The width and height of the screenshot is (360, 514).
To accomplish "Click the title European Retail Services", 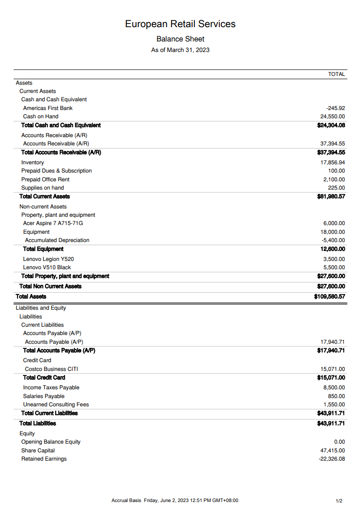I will [180, 24].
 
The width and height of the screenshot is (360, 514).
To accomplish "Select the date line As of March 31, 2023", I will [180, 50].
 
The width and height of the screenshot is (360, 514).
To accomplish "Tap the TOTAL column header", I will [337, 74].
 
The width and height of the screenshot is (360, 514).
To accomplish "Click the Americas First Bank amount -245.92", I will [336, 108].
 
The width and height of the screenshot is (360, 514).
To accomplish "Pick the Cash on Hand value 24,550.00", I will [332, 116].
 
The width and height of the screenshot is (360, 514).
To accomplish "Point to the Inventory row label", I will [33, 162].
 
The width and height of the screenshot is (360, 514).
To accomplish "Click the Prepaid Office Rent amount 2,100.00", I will [334, 179].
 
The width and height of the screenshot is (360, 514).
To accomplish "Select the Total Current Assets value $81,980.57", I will [331, 196].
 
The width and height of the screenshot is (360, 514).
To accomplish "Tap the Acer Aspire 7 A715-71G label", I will [53, 223].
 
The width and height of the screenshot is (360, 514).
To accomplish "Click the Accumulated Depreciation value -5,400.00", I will [333, 240].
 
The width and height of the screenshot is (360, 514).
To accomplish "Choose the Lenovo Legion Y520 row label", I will [48, 259].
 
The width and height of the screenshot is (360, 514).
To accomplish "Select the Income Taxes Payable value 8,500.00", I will [334, 387].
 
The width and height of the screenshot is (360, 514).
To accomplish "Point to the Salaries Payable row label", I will [44, 396].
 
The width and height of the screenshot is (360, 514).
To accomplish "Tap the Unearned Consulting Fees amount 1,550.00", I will [334, 404].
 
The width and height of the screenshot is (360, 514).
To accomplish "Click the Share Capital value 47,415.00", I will [332, 450].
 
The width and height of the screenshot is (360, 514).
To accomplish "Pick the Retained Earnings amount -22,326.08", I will [331, 459].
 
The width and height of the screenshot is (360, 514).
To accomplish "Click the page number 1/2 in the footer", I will [339, 501].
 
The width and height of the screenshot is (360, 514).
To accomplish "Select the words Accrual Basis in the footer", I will [126, 501].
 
